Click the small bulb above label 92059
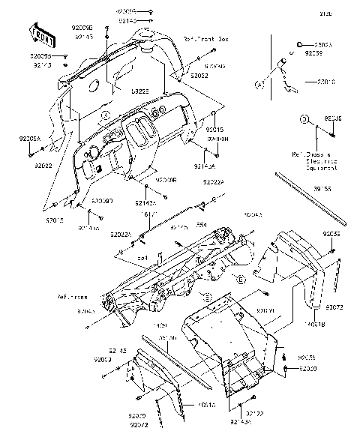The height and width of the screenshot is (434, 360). [x=299, y=45]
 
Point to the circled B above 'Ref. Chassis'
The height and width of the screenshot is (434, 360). [x=304, y=119]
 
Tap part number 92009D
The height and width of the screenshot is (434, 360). [x=103, y=201]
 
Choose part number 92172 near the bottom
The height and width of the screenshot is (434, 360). [x=255, y=414]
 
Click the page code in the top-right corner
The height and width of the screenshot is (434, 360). [x=346, y=13]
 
